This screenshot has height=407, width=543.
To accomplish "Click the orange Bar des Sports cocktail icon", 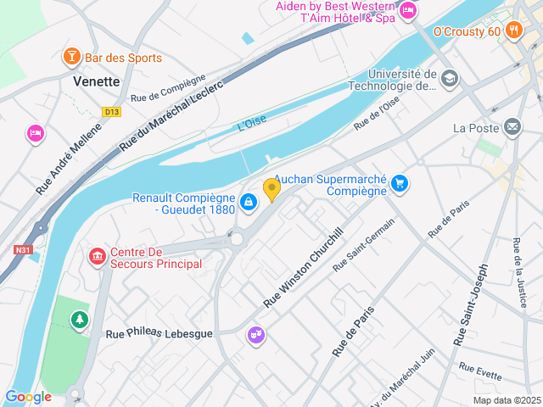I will click(72, 57).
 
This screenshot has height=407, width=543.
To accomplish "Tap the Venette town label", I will click(97, 81).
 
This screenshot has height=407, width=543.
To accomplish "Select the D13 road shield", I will click(111, 111).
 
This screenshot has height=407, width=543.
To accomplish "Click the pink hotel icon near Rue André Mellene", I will click(35, 132).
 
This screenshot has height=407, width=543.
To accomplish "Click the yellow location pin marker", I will click(271, 189).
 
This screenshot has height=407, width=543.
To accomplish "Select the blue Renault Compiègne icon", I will click(249, 202).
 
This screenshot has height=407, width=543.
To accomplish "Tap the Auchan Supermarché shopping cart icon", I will click(400, 183).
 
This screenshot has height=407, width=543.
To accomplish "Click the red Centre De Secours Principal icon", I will click(98, 255).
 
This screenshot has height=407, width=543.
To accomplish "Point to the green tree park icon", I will click(79, 319).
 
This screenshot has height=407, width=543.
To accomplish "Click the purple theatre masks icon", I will click(255, 336).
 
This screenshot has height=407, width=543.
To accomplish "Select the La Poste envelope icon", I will click(512, 127).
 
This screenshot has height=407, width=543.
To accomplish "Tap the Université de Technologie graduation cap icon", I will click(449, 79).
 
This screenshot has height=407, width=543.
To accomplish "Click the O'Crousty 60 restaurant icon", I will click(512, 31).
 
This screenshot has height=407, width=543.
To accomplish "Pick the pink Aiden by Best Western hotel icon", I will click(408, 10).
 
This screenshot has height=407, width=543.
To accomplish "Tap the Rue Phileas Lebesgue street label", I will click(159, 333).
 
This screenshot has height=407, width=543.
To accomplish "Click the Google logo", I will click(28, 397).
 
